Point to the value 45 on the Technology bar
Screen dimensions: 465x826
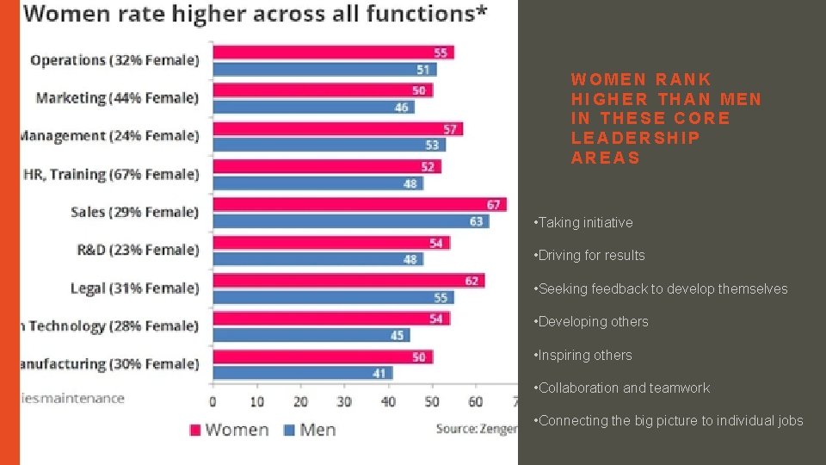[397, 335]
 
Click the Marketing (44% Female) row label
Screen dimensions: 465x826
[117, 97]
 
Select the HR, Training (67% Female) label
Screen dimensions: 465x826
[111, 174]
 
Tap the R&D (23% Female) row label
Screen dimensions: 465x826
[138, 250]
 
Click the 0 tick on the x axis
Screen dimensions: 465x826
[213, 402]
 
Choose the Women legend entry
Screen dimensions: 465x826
[229, 429]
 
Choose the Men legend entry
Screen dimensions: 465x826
[309, 429]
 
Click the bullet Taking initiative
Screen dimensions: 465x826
[584, 222]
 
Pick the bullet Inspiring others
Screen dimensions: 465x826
[584, 355]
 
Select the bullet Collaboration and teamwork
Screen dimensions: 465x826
[623, 387]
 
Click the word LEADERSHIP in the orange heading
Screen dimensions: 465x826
[635, 138]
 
